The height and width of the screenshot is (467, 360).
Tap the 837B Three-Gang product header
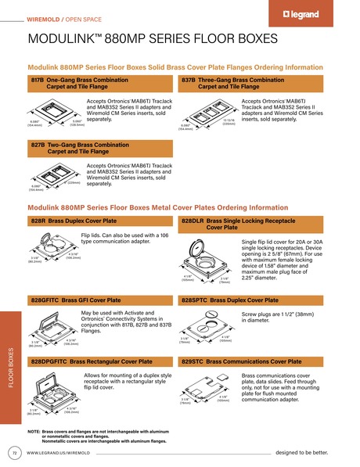pyautogui.click(x=251, y=84)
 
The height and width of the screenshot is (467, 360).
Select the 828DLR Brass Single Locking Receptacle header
pyautogui.click(x=251, y=225)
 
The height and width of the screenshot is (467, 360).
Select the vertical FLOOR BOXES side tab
pyautogui.click(x=9, y=368)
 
